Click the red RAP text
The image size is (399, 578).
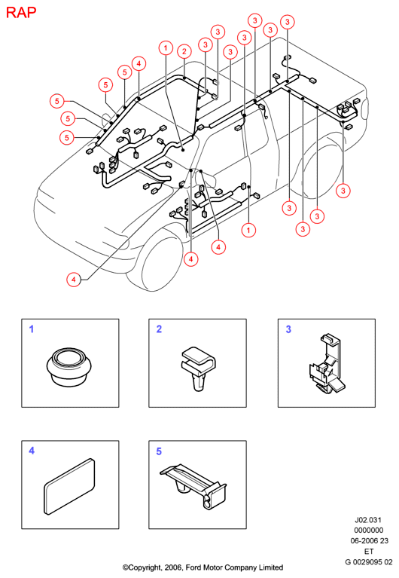[x=21, y=12]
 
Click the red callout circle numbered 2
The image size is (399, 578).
[x=184, y=51]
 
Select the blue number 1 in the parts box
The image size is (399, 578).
[x=32, y=329]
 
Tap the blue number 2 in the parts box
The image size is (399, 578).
[x=159, y=329]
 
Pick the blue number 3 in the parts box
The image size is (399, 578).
[x=288, y=329]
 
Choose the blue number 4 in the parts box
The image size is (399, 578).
[x=32, y=451]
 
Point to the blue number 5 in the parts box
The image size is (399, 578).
[x=159, y=451]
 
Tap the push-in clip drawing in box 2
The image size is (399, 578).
[x=198, y=368]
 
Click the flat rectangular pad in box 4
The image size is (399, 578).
[x=69, y=487]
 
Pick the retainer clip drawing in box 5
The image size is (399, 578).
[x=193, y=486]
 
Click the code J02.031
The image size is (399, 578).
[x=367, y=520]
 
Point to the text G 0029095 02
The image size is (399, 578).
[x=368, y=561]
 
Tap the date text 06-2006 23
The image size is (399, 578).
[x=369, y=540]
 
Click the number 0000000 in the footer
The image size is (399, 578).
[x=368, y=530]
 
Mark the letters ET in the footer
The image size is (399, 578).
[x=369, y=551]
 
